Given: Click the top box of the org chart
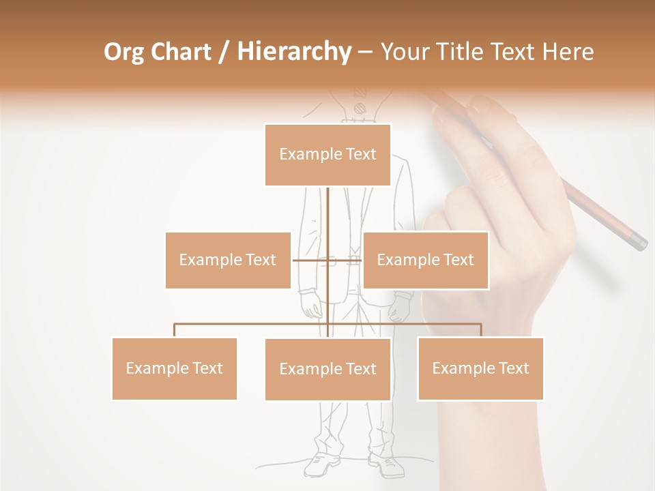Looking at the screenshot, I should tap(327, 155).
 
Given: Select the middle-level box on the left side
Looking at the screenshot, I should tap(228, 260).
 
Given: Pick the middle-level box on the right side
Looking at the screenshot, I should tap(425, 260).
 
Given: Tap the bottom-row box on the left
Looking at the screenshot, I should tap(174, 368).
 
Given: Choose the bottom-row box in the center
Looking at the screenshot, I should tap(327, 369).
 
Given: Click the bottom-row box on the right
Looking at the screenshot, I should tap(480, 368).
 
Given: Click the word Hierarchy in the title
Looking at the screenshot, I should tap(294, 52).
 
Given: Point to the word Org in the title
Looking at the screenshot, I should tap(123, 52).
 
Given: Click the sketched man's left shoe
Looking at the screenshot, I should tap(322, 464).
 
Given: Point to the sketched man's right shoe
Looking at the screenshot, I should tap(387, 466).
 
